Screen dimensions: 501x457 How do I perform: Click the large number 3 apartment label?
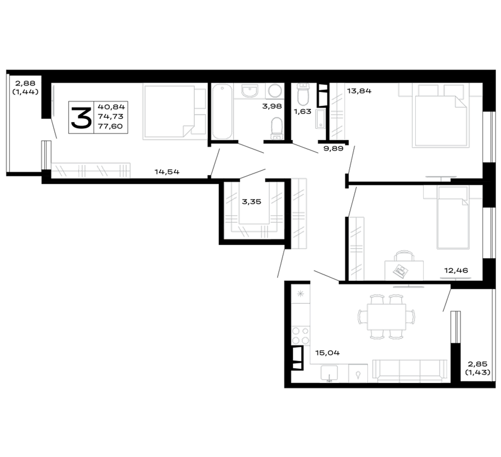(x=81, y=118)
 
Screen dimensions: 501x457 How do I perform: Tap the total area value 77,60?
(x=110, y=126)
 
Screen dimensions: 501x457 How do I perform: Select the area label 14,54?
(x=167, y=172)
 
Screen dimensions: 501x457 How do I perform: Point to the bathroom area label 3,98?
(x=272, y=106)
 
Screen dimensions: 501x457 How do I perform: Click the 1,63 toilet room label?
(x=302, y=112)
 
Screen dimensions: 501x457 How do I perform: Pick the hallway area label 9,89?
(x=333, y=148)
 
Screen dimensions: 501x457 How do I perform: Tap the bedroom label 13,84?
(x=359, y=91)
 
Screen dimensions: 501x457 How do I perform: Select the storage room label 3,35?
(x=252, y=202)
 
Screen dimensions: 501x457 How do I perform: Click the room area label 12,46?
(x=456, y=271)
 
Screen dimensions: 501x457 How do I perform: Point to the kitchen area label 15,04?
(x=328, y=353)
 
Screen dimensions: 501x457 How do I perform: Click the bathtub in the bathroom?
(x=222, y=112)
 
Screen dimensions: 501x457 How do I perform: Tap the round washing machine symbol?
(x=275, y=91)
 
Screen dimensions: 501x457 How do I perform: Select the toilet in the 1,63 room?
(x=303, y=94)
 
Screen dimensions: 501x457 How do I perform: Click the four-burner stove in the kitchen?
(x=301, y=335)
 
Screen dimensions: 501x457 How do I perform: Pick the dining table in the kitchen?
(x=386, y=317)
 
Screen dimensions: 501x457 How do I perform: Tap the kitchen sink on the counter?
(x=329, y=373)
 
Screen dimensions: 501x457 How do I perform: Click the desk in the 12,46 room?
(x=404, y=271)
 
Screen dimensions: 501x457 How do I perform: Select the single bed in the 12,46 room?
(x=453, y=218)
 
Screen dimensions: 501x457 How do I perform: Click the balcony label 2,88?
(x=25, y=84)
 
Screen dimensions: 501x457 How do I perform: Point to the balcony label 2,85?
(x=477, y=364)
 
